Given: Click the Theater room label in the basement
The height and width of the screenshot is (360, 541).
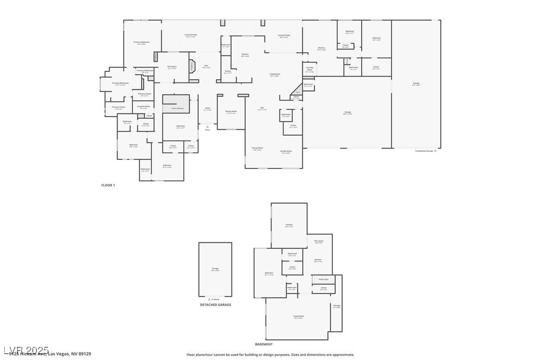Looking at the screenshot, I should [x=289, y=225].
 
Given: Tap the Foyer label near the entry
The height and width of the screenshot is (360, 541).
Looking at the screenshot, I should [x=208, y=109].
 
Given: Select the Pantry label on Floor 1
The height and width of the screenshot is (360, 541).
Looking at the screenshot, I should [x=228, y=71].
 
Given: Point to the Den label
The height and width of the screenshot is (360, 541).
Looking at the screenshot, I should [x=207, y=66].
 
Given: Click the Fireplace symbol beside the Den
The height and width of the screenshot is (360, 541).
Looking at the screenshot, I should [x=192, y=67].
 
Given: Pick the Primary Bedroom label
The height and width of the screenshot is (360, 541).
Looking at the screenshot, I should [x=141, y=42].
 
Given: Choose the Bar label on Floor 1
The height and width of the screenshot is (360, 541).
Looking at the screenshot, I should [x=262, y=108].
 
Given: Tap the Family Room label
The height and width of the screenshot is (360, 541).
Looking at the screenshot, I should [x=286, y=151].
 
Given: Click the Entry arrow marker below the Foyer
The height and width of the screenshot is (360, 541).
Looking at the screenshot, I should [x=207, y=127].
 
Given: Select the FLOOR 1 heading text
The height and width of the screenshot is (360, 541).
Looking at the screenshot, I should [x=108, y=185].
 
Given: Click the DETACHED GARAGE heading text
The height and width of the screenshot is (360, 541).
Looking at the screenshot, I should [x=215, y=305].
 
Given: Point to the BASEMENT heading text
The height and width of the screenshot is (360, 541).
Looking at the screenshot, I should [x=264, y=344].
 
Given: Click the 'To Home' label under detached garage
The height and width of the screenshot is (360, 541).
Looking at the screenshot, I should [x=214, y=299].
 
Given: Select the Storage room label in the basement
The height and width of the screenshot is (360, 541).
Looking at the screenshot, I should [x=337, y=306].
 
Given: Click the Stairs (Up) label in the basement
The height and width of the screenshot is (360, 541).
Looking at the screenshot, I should [x=323, y=279].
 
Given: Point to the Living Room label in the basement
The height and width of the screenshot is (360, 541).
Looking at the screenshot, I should [x=299, y=316].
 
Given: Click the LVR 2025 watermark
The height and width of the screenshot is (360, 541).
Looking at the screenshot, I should [x=26, y=350].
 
